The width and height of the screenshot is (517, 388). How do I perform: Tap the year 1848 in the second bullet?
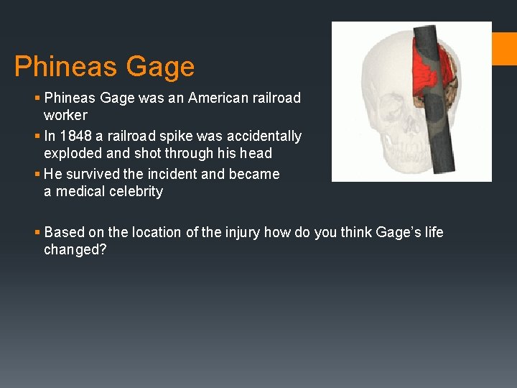point(77,136)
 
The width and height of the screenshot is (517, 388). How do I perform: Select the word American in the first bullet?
point(217,98)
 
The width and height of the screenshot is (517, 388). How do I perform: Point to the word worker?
point(65,115)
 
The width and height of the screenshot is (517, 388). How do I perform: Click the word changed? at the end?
point(75,249)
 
